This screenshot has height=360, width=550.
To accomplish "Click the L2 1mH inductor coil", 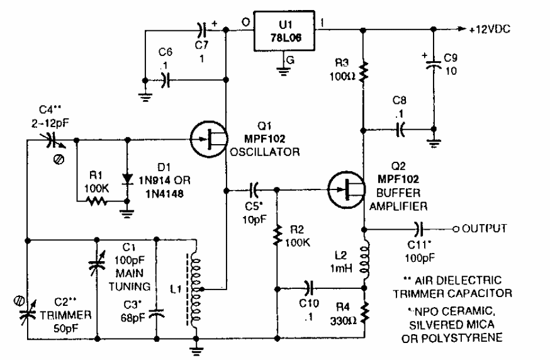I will coord(364,259).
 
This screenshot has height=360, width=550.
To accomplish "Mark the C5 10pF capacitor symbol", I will coord(255,188).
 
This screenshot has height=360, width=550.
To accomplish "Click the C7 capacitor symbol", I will coord(201,29).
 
